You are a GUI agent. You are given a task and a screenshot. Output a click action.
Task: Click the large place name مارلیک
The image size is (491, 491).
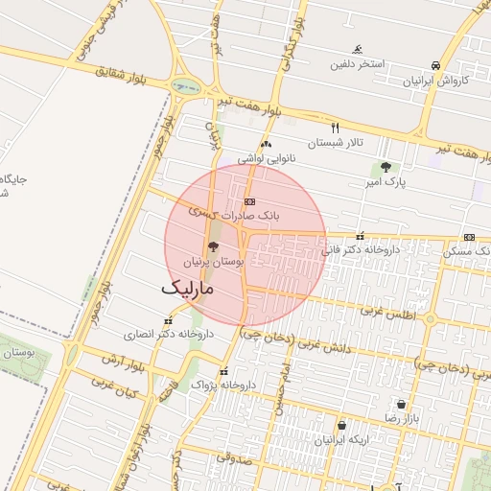(187, 287)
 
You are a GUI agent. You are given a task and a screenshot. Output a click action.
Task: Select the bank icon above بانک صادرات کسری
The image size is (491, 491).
(249, 201)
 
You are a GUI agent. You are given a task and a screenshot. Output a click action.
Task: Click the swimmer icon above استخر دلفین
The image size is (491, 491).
(358, 50)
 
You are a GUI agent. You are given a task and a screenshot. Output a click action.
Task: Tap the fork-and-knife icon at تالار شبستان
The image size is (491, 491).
(335, 127)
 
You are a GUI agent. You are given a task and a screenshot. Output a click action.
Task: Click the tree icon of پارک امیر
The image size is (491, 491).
(386, 167)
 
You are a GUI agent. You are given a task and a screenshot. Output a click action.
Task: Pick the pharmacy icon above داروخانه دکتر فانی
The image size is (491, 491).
(361, 236)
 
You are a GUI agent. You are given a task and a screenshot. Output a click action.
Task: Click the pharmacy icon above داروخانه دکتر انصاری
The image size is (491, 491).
(168, 321)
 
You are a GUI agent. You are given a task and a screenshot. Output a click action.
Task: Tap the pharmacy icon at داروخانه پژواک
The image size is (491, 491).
(223, 371)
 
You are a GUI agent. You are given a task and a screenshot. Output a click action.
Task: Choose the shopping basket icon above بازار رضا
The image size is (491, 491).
(400, 405)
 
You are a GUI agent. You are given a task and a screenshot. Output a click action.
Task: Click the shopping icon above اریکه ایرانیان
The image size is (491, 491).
(341, 425)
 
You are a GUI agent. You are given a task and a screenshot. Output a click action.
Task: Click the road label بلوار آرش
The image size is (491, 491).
(122, 363)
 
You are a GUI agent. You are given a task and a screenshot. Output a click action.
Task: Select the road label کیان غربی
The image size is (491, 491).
(116, 388)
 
